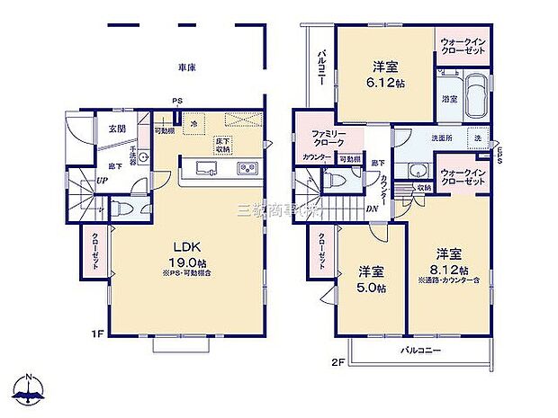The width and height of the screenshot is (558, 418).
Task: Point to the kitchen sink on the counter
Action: click(x=199, y=168)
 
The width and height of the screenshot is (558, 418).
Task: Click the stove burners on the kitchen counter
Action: click(x=246, y=168)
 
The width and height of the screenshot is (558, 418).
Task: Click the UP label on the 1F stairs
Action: click(x=77, y=181)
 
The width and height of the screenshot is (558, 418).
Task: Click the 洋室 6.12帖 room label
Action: click(x=387, y=72)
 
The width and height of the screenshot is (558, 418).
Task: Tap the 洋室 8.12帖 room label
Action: click(x=449, y=262)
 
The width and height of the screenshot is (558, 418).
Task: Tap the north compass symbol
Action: click(x=31, y=388)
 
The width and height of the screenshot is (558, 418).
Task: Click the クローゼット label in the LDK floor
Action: click(x=95, y=252)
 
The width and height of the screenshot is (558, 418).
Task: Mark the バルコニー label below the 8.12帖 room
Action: click(x=420, y=351)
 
